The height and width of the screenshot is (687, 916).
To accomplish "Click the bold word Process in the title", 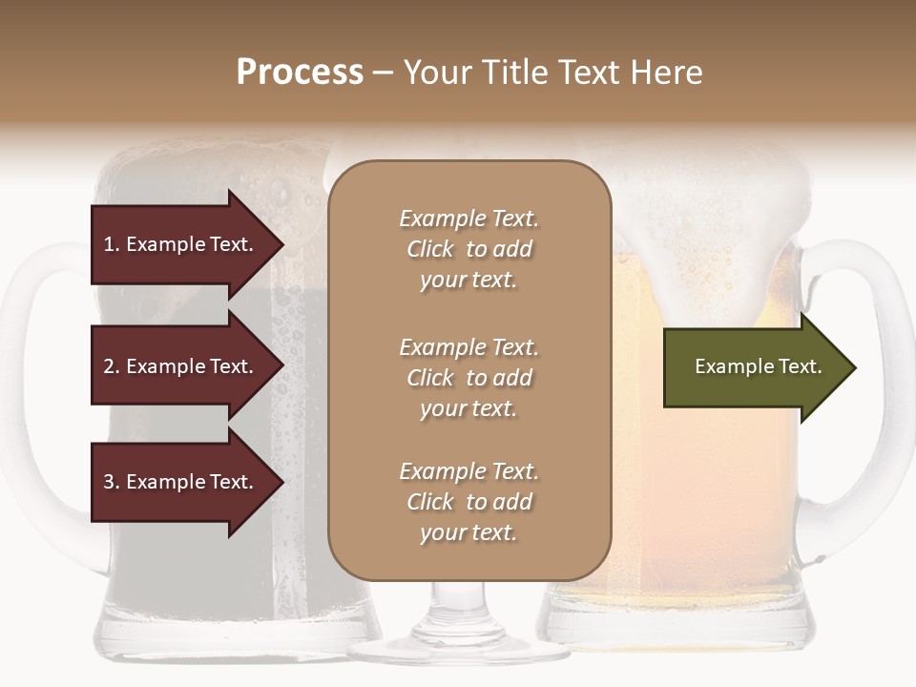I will pos(300,73).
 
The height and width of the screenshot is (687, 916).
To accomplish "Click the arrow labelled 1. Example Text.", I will pos(181,244).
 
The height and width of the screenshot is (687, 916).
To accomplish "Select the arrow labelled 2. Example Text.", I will pos(181,366).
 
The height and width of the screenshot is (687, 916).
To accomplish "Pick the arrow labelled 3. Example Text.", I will pos(181,482).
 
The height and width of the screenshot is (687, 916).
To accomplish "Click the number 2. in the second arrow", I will pos(112,366).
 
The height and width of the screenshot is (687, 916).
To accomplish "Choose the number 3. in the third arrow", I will pos(112,482).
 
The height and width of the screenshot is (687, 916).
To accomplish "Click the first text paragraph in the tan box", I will pos(468,249).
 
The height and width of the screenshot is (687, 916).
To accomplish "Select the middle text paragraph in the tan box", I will pos(468,378).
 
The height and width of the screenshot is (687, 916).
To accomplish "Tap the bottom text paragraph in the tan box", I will pos(468,502).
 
